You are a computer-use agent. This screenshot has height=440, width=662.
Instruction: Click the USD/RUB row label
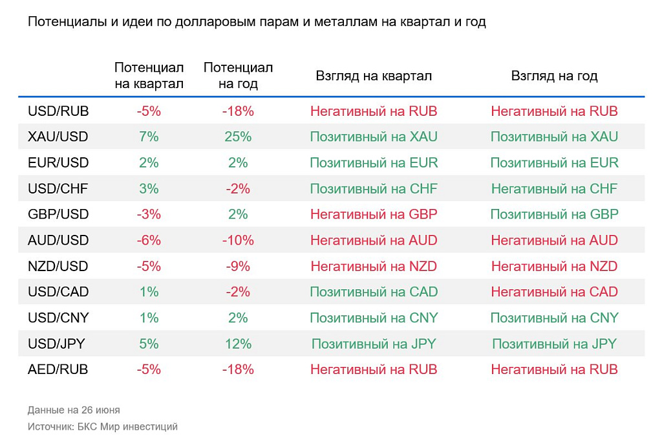click(58, 111)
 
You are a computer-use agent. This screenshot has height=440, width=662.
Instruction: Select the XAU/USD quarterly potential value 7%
click(149, 137)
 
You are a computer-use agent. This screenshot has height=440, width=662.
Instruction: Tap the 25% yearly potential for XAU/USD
click(238, 137)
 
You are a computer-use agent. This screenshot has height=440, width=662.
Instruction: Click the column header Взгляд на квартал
click(374, 76)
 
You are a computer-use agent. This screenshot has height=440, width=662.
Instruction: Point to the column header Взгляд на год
click(554, 76)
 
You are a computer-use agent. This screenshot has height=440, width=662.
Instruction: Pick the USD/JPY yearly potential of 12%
click(238, 344)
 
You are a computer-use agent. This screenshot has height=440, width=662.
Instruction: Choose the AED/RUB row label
click(58, 370)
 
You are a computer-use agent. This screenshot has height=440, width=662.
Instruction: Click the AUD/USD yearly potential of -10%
click(238, 241)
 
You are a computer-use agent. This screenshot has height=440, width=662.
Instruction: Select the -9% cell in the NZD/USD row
click(238, 267)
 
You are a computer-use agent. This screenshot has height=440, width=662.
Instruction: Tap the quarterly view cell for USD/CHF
click(374, 189)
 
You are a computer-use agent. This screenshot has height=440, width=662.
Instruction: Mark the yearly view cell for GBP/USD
click(554, 215)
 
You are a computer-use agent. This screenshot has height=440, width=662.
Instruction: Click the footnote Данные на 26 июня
click(74, 410)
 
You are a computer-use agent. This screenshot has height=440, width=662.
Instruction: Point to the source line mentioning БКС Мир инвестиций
click(102, 427)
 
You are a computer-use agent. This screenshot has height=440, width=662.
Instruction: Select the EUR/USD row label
click(58, 163)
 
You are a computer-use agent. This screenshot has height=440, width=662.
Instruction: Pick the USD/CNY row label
click(58, 318)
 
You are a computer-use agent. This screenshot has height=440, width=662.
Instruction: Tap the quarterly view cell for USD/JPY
click(374, 344)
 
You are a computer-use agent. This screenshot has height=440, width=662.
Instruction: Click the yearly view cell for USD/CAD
click(554, 292)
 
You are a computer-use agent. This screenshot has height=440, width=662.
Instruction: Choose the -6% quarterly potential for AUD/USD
click(149, 241)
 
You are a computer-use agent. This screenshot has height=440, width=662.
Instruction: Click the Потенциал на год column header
click(238, 76)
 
